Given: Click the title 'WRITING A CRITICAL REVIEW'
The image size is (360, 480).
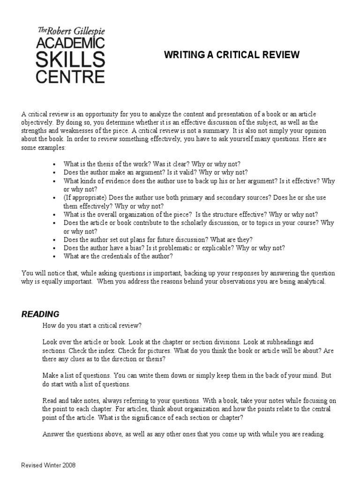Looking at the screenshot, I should pos(232,55).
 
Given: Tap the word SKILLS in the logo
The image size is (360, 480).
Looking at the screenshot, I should pos(71,60).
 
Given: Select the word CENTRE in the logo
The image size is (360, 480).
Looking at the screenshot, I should pos(71,76).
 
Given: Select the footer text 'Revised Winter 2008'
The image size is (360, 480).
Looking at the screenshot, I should pos(48,465).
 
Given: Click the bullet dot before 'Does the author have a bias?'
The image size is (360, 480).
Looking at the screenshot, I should pos(55,248).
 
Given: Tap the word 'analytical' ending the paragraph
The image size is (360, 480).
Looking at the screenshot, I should pos(307,282).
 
